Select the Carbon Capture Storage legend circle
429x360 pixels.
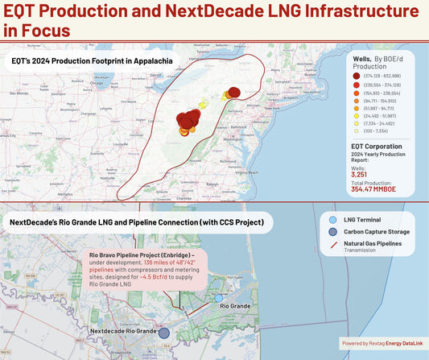click(x=334, y=232)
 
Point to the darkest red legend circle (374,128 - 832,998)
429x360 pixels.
click(x=356, y=75)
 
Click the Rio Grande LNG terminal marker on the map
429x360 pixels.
click(x=218, y=298)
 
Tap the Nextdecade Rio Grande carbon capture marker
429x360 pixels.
click(x=164, y=332)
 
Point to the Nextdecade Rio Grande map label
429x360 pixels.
click(x=123, y=331)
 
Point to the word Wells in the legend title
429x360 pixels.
click(x=364, y=58)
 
